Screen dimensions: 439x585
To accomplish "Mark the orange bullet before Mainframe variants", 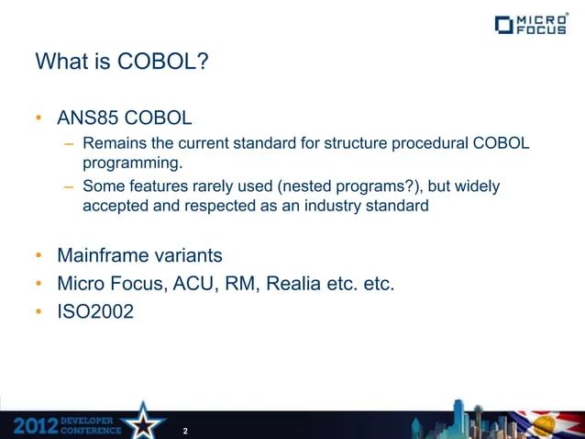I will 39,254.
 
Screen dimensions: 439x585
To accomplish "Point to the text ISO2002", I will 95,312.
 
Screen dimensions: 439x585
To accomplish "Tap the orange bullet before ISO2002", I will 39,312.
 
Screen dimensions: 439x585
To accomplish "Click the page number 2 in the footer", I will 185,430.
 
